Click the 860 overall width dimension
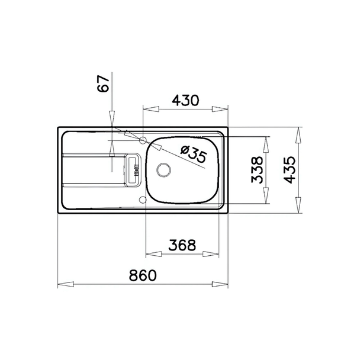tap(143, 275)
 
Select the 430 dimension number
tap(185, 101)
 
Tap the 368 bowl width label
tap(182, 245)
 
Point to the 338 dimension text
tap(257, 170)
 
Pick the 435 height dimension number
tap(289, 170)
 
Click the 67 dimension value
tap(103, 83)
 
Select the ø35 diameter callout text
tap(193, 154)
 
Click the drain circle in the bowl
tap(163, 170)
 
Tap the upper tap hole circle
tap(143, 140)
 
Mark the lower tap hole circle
tap(143, 200)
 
